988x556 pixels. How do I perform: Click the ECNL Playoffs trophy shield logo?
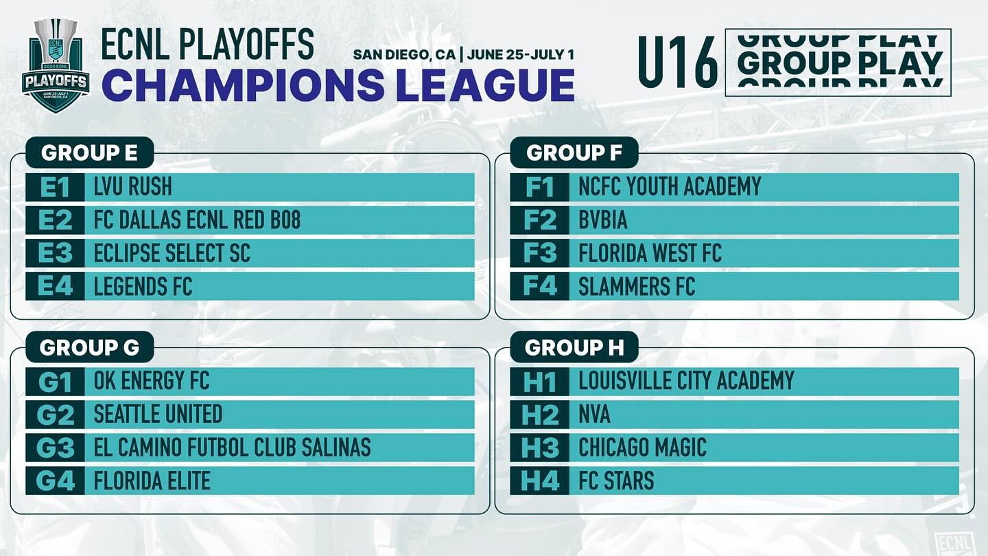click(x=56, y=65)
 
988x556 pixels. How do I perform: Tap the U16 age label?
click(x=679, y=62)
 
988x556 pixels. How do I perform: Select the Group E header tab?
click(x=89, y=152)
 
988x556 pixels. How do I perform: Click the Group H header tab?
click(x=574, y=347)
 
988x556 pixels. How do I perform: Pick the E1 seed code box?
click(x=55, y=187)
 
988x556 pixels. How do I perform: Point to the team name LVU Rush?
click(x=133, y=187)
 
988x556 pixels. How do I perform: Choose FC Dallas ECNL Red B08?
click(x=197, y=220)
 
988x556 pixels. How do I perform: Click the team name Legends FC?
click(x=143, y=286)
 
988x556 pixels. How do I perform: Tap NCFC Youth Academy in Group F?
click(x=670, y=187)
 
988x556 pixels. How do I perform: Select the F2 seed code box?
click(x=539, y=220)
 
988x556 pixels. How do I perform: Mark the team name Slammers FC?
click(x=637, y=286)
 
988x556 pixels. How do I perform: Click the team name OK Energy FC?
click(x=151, y=381)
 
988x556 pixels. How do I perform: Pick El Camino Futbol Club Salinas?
click(x=232, y=447)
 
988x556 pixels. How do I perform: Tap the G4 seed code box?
click(x=55, y=481)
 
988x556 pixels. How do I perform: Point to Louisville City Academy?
click(x=686, y=381)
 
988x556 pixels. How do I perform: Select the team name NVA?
click(x=594, y=415)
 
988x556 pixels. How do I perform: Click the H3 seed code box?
click(x=539, y=448)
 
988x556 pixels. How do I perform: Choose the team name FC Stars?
click(x=616, y=480)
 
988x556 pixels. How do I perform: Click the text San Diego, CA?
click(x=404, y=55)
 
